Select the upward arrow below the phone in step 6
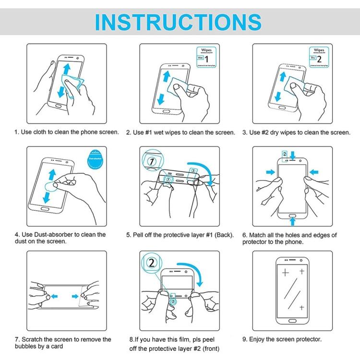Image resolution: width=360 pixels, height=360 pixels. point(293,221)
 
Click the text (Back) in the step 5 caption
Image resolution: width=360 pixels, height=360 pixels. point(224,235)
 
